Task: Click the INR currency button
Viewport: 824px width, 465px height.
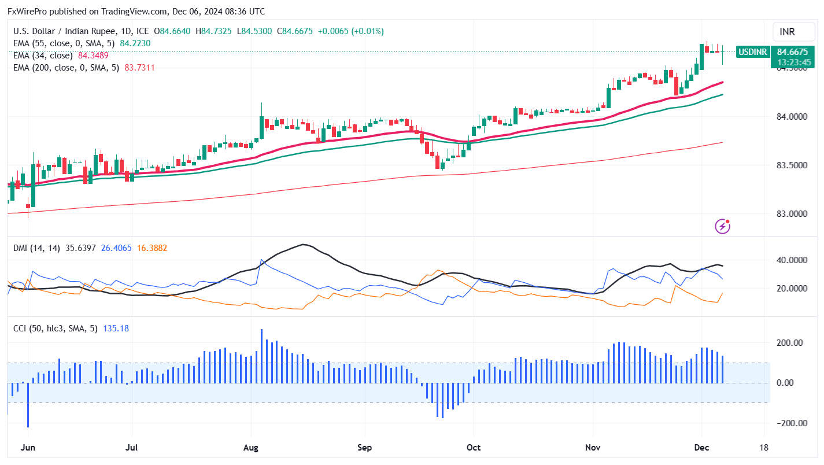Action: coord(787,31)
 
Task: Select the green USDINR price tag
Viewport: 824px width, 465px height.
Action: coord(752,52)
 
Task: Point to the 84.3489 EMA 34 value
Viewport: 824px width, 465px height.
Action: coord(93,56)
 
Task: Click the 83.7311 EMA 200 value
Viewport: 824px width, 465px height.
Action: coord(140,68)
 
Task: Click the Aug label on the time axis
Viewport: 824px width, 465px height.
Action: coord(251,448)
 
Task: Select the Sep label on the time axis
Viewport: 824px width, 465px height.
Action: coord(364,448)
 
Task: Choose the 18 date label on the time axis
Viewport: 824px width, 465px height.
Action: coord(764,448)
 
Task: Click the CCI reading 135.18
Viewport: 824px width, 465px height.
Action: coord(116,329)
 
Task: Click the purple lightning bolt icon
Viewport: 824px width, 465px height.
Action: coord(722,226)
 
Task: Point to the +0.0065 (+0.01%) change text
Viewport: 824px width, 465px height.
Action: coord(352,31)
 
